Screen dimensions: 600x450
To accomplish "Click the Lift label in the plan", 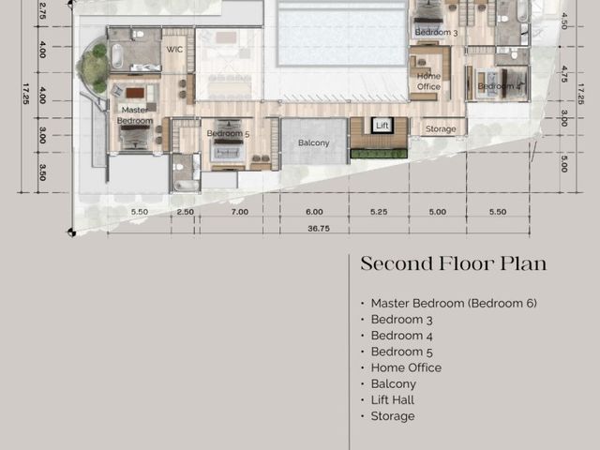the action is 382,126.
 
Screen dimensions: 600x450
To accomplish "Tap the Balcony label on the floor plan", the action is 314,143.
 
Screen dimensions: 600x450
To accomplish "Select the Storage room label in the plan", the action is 441,129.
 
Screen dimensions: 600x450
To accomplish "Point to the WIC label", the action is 174,50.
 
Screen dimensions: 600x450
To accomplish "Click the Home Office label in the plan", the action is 428,82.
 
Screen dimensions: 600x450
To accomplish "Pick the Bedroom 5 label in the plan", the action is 228,133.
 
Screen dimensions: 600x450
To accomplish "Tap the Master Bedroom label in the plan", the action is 135,115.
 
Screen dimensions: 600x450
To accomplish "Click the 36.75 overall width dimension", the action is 319,229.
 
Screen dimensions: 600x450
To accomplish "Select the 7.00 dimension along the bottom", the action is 240,212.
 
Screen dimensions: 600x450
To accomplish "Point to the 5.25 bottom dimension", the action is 379,212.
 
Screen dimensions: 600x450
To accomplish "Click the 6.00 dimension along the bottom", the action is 314,212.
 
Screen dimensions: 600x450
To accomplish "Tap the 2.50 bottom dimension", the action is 186,212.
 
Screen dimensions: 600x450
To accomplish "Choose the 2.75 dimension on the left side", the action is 42,11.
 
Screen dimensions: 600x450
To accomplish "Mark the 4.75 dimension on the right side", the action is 564,74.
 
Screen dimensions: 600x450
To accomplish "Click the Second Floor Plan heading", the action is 454,263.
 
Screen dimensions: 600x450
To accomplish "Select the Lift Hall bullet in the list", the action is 393,400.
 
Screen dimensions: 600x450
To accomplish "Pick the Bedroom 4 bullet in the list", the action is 402,336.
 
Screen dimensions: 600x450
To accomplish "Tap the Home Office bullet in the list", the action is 406,367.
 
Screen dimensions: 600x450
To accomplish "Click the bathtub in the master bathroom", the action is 117,56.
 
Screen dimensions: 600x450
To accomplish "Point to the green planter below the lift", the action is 379,154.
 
